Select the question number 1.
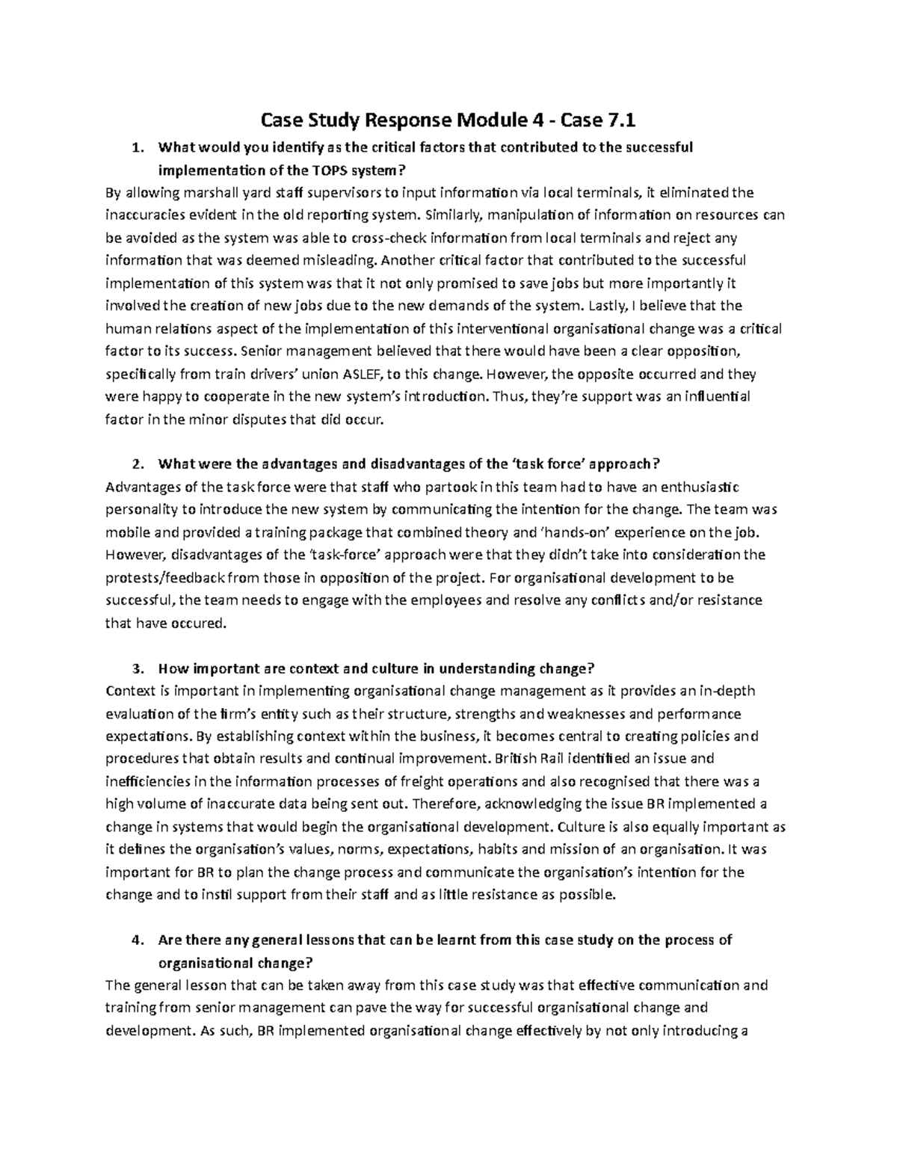135,147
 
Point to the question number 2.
135,464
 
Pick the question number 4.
135,940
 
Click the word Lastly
608,306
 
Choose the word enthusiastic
691,487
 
